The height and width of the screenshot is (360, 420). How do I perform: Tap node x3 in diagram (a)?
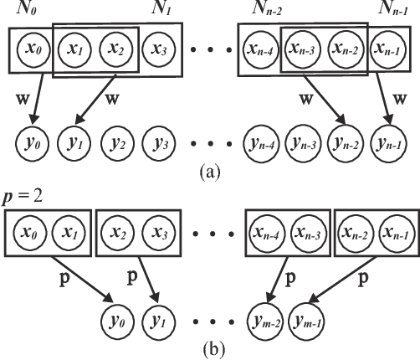(158, 49)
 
